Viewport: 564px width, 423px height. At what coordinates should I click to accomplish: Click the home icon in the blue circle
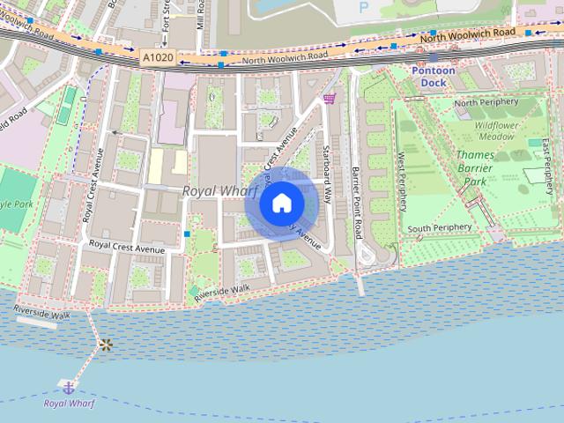click(282, 204)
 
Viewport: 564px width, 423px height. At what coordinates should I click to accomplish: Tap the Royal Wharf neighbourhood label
click(219, 190)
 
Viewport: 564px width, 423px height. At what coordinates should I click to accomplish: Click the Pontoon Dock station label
click(434, 76)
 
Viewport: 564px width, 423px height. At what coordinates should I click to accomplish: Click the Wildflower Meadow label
click(495, 131)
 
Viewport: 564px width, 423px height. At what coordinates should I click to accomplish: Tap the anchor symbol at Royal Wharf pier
click(67, 386)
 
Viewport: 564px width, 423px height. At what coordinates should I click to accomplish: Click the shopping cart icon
click(329, 99)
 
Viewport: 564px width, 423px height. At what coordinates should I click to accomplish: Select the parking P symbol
click(364, 8)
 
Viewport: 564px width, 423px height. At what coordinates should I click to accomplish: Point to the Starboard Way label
click(325, 174)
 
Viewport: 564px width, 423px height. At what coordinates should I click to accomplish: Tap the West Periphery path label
click(402, 181)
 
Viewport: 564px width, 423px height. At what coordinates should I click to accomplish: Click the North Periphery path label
click(485, 104)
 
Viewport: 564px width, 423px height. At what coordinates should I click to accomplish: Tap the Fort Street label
click(167, 21)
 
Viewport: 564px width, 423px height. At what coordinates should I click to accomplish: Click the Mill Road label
click(200, 14)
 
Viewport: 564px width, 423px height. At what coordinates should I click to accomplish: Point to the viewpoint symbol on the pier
click(106, 345)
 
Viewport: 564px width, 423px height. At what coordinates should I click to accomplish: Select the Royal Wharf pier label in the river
click(69, 404)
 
